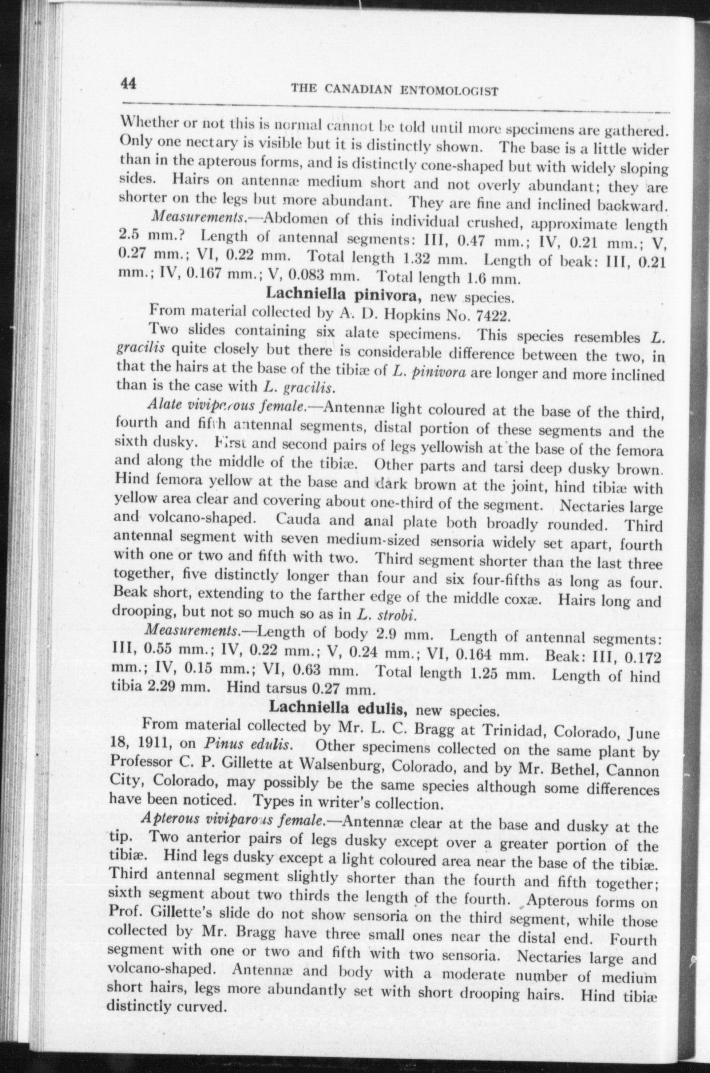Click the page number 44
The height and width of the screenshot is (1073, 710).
(129, 84)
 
